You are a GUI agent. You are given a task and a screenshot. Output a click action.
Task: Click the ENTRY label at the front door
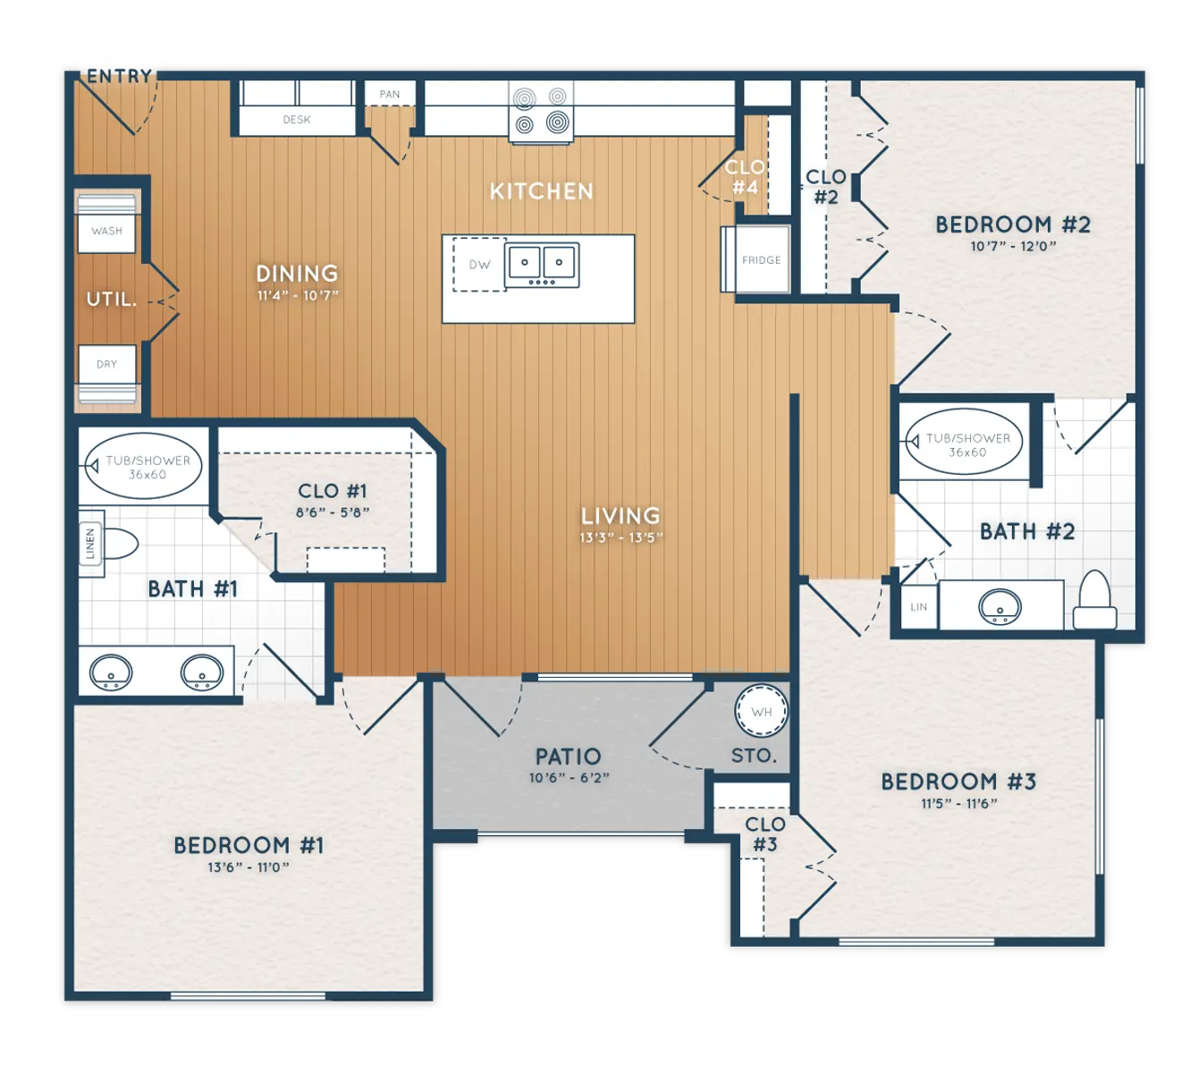[119, 76]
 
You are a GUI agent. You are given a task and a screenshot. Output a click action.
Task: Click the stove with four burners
[541, 111]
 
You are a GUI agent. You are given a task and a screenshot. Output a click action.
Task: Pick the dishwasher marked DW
[478, 265]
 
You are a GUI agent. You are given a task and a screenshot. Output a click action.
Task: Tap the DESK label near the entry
[297, 119]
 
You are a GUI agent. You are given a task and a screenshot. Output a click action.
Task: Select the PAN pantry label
[390, 94]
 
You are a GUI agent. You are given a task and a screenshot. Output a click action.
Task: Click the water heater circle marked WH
[762, 712]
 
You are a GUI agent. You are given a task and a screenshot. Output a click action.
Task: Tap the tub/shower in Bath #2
[964, 444]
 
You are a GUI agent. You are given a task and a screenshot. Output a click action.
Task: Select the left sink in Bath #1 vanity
[112, 672]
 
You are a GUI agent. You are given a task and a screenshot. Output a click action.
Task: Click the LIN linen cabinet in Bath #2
[918, 607]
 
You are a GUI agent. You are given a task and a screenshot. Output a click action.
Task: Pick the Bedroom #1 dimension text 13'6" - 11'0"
[249, 867]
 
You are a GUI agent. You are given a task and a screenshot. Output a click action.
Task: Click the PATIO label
[568, 756]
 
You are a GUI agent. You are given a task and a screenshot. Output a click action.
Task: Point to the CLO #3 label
[765, 834]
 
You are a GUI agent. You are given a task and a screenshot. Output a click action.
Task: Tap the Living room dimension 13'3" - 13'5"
[620, 537]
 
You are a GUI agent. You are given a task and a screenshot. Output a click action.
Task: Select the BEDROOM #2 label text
[1013, 224]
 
